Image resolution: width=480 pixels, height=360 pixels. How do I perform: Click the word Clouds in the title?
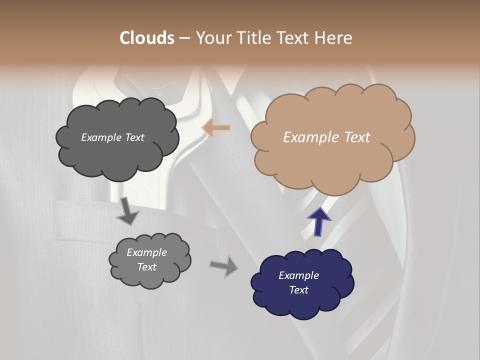pyautogui.click(x=146, y=38)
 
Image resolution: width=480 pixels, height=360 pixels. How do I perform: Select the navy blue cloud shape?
pyautogui.click(x=302, y=300)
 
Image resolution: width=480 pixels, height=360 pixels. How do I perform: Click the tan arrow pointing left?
pyautogui.click(x=216, y=128)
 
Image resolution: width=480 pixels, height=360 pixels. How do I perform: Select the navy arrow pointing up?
pyautogui.click(x=319, y=221)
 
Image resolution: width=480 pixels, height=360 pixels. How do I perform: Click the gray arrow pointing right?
pyautogui.click(x=224, y=265)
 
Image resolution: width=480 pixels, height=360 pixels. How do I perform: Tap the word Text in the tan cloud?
pyautogui.click(x=356, y=137)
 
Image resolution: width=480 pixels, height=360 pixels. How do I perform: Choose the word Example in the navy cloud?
pyautogui.click(x=298, y=275)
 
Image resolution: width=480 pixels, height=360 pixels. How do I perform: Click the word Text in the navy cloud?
pyautogui.click(x=298, y=290)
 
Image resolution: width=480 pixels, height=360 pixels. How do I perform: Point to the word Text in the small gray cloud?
pyautogui.click(x=146, y=267)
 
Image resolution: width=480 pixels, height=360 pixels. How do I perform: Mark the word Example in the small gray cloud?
pyautogui.click(x=146, y=252)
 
